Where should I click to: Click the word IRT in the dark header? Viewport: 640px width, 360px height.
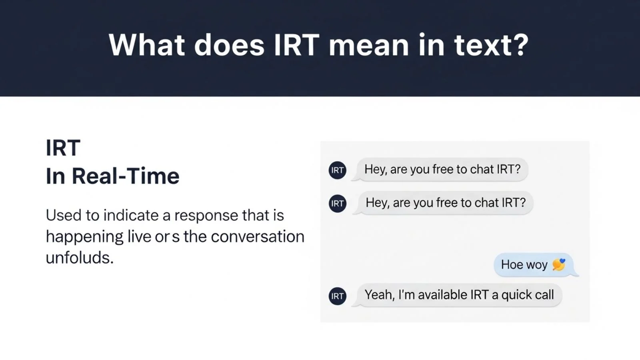tap(296, 44)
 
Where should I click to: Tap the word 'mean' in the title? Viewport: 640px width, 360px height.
tap(368, 44)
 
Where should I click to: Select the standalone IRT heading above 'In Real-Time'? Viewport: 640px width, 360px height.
tap(63, 148)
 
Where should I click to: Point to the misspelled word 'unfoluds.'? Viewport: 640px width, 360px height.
tap(80, 258)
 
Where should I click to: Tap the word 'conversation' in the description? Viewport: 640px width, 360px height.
tap(258, 236)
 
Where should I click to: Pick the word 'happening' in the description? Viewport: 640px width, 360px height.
tap(84, 237)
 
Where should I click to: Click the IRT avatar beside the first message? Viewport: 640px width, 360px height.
tap(337, 170)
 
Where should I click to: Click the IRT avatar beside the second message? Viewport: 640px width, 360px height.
tap(337, 204)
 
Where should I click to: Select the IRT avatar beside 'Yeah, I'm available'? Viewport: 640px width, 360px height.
tap(337, 296)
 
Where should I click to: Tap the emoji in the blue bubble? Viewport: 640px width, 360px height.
tap(559, 264)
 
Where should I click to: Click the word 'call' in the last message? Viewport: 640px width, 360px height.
tap(544, 295)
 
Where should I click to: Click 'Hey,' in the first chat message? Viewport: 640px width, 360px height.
tap(376, 169)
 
